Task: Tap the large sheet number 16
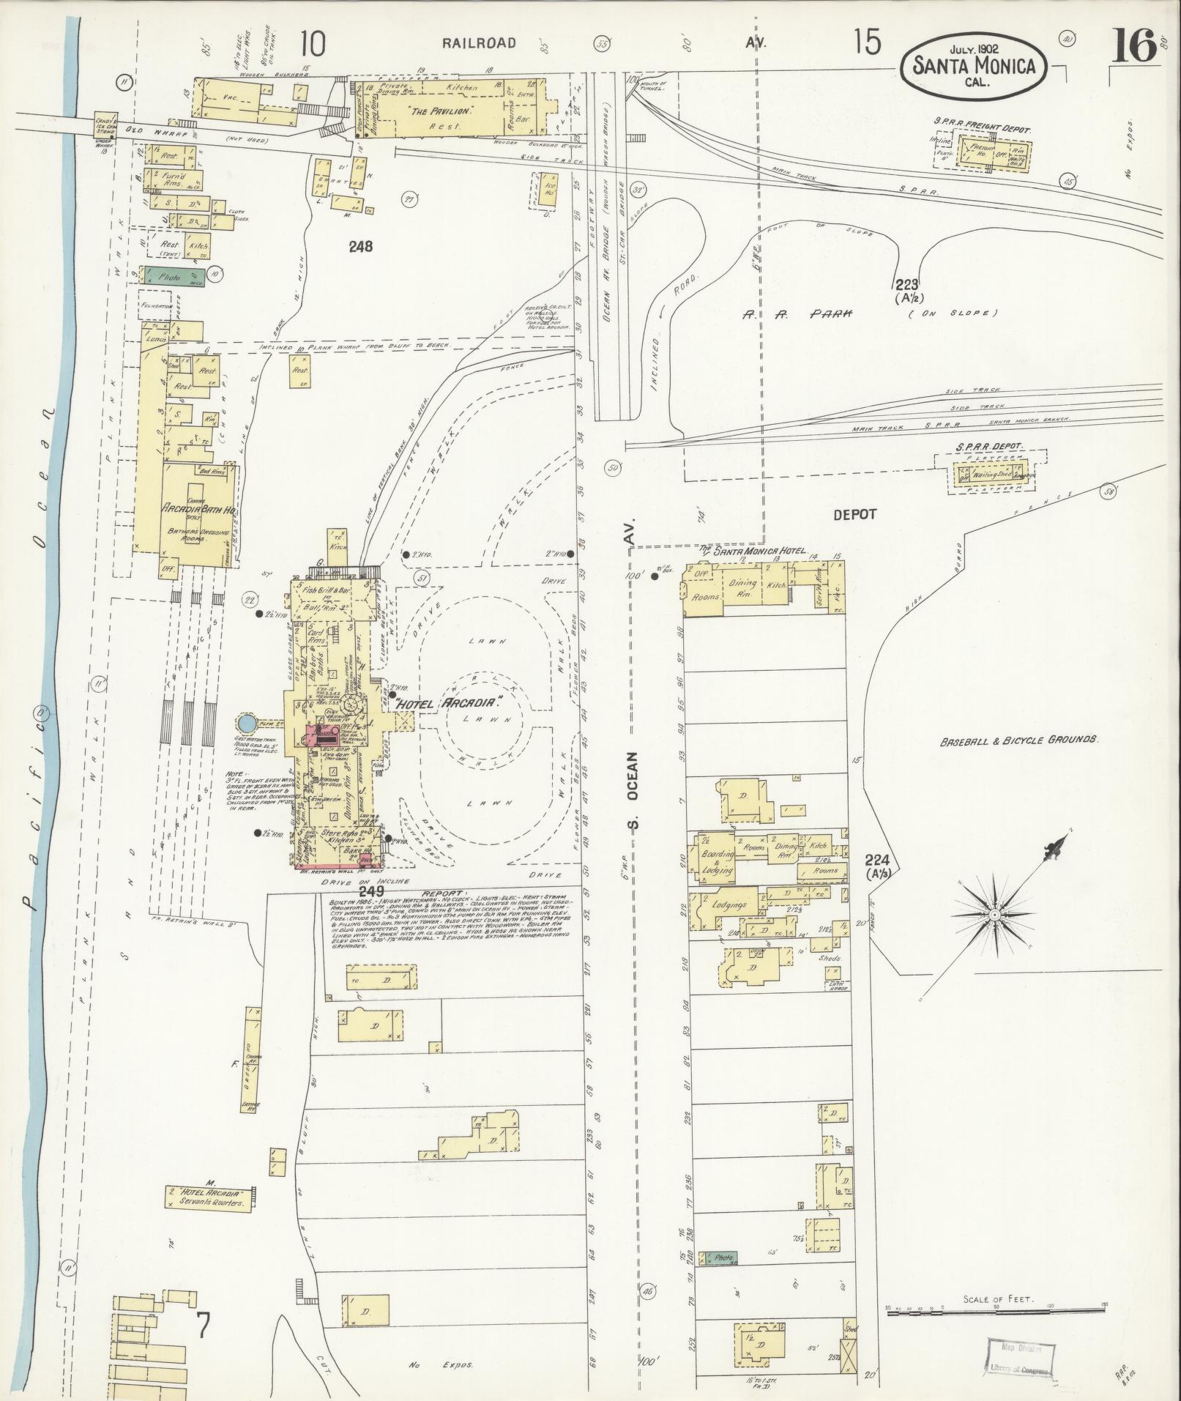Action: pos(1134,48)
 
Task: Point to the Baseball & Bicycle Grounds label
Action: pos(1018,740)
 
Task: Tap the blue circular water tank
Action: pos(247,724)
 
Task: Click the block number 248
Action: pos(360,247)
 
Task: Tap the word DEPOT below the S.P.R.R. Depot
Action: pos(854,514)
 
